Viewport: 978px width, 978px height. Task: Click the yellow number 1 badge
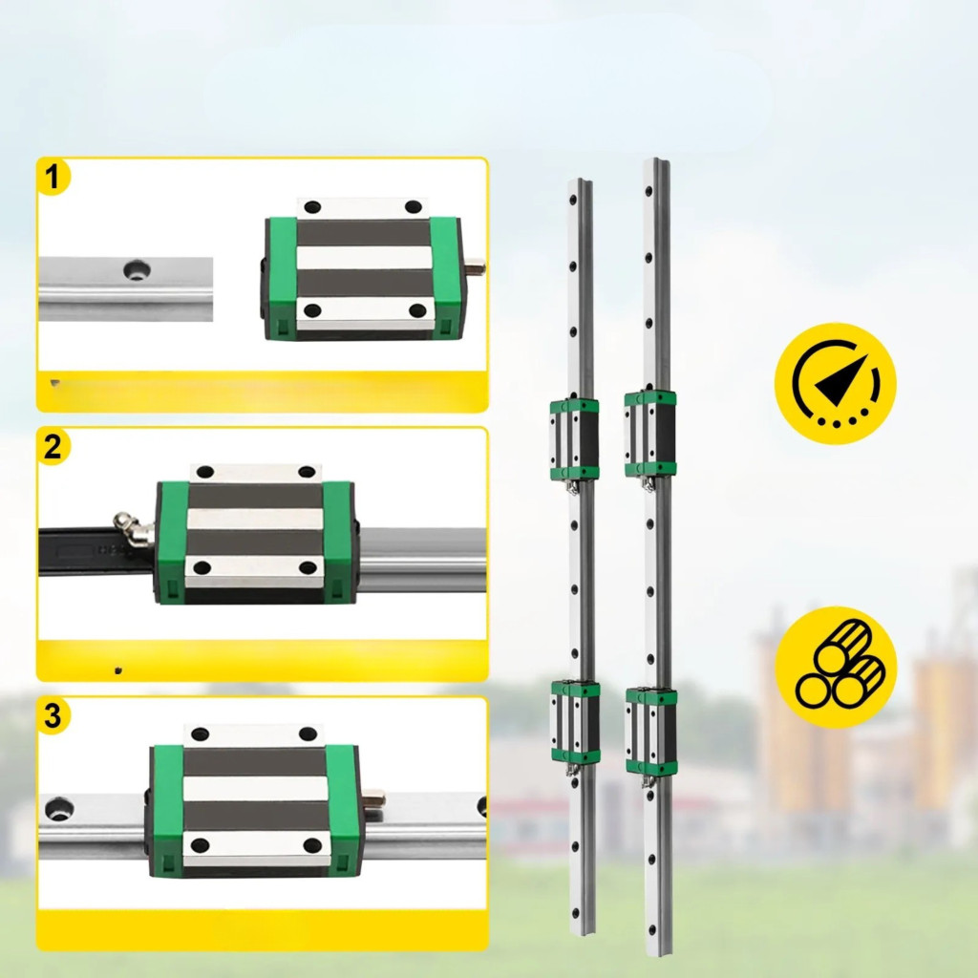pos(53,177)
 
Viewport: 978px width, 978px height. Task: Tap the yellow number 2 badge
pos(53,447)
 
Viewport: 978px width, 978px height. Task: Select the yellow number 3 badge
pos(53,715)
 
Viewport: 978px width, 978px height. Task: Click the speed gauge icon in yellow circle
pos(835,383)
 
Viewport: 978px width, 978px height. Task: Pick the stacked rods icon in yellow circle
pos(836,667)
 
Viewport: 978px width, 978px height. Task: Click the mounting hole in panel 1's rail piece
pos(136,270)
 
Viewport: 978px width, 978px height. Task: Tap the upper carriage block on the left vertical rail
pos(574,439)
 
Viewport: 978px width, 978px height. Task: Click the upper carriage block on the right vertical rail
pos(649,435)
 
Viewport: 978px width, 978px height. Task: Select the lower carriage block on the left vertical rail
pos(575,722)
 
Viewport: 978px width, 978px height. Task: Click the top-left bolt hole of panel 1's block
pos(312,207)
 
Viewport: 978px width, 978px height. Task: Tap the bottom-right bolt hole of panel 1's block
pos(417,310)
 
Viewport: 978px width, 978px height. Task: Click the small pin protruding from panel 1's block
pos(476,266)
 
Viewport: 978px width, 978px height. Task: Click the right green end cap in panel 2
pos(339,542)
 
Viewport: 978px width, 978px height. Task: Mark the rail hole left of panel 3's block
pos(60,808)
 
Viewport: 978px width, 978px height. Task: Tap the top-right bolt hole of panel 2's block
pos(307,472)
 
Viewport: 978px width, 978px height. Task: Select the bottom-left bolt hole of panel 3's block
pos(201,845)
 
